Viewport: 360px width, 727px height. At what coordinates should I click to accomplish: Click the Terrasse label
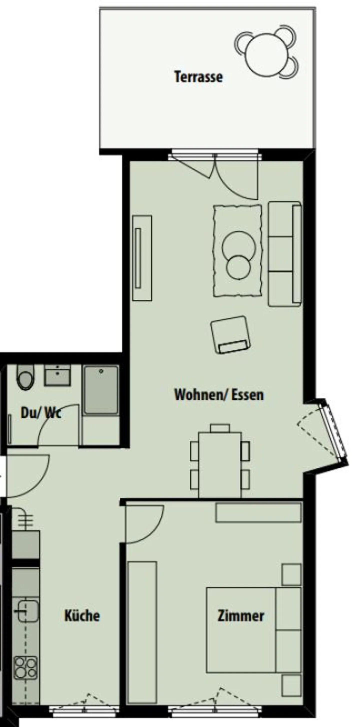[x=198, y=77]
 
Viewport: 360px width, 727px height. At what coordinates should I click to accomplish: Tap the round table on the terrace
[x=266, y=55]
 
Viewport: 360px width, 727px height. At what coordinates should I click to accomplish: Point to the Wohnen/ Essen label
[x=219, y=395]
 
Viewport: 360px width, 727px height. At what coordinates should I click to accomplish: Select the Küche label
[x=82, y=616]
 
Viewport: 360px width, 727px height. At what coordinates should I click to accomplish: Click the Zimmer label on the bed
[x=240, y=616]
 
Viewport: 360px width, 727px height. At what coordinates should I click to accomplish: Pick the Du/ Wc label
[x=41, y=413]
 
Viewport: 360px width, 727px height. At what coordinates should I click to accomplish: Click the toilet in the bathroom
[x=25, y=377]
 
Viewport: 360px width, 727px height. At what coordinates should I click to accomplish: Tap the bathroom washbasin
[x=57, y=375]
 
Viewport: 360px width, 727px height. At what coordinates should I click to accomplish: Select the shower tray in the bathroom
[x=101, y=390]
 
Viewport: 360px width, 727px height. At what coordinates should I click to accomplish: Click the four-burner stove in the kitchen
[x=26, y=668]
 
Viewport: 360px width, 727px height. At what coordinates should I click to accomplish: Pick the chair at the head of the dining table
[x=220, y=428]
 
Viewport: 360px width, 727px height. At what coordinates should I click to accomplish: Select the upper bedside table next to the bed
[x=291, y=574]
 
